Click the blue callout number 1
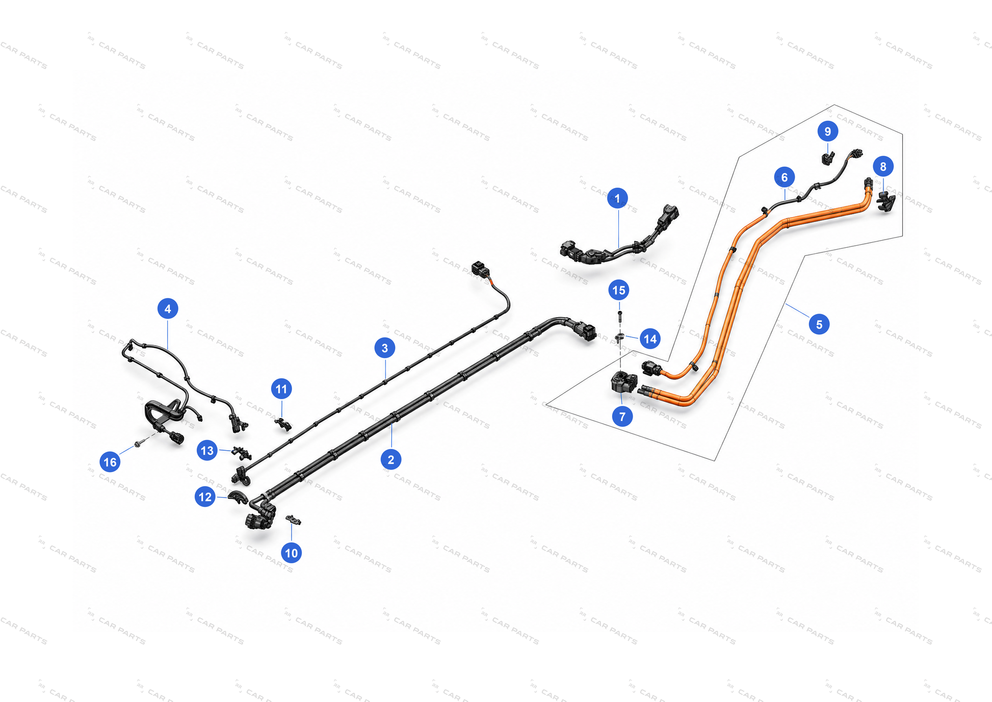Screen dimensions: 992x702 pyautogui.click(x=617, y=198)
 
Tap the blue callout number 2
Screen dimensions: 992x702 pyautogui.click(x=391, y=459)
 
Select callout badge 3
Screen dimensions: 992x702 pyautogui.click(x=385, y=348)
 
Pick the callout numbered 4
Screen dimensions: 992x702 pyautogui.click(x=168, y=308)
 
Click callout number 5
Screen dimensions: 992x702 pyautogui.click(x=819, y=324)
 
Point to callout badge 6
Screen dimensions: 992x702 pyautogui.click(x=785, y=177)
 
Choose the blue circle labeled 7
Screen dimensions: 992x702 pyautogui.click(x=622, y=417)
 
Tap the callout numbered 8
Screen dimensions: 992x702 pyautogui.click(x=883, y=166)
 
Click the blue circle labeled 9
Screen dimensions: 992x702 pyautogui.click(x=828, y=132)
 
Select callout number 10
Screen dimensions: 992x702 pyautogui.click(x=291, y=553)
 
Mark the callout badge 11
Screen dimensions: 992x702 pyautogui.click(x=281, y=389)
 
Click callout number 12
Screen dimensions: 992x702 pyautogui.click(x=205, y=497)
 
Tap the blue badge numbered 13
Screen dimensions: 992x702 pyautogui.click(x=207, y=450)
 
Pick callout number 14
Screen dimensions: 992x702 pyautogui.click(x=650, y=339)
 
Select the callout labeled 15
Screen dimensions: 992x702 pyautogui.click(x=619, y=290)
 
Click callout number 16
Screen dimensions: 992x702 pyautogui.click(x=110, y=462)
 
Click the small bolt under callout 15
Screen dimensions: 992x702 pyautogui.click(x=619, y=316)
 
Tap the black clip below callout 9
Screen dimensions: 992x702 pyautogui.click(x=828, y=159)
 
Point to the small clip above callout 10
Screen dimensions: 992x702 pyautogui.click(x=293, y=519)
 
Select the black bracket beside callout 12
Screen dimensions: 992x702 pyautogui.click(x=238, y=497)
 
